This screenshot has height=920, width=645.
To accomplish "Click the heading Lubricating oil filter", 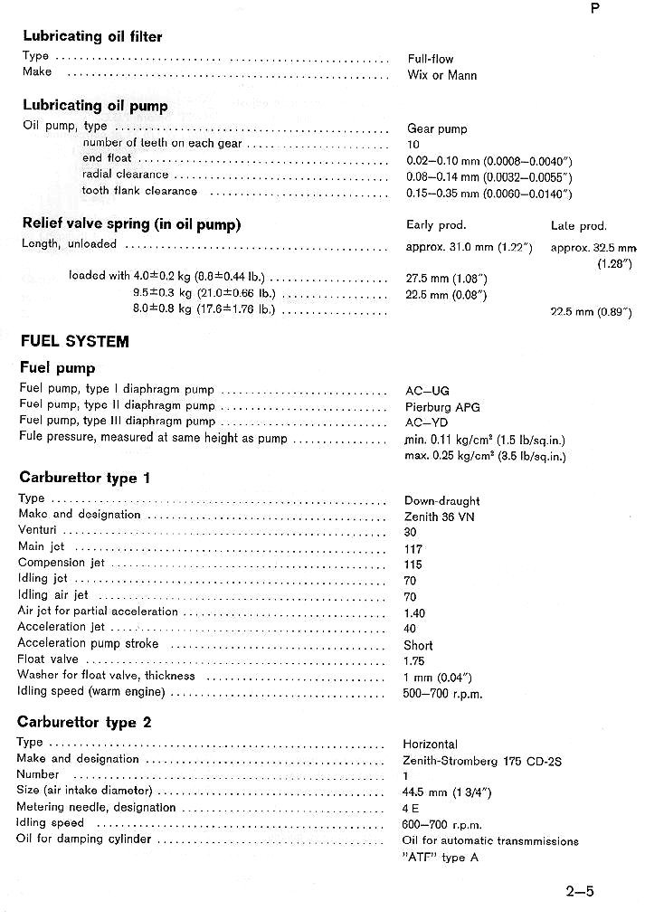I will point(92,37).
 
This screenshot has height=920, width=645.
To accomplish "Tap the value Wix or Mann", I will point(441,75).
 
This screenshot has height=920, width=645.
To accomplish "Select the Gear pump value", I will point(437,129).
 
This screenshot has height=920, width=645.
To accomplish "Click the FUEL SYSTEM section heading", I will point(74,342).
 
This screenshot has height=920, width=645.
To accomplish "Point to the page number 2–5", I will point(580,891).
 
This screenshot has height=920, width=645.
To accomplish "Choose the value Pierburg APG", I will point(442,407).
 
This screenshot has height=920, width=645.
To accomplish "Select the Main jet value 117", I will point(413,549).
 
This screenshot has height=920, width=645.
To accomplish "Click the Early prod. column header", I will point(436,224).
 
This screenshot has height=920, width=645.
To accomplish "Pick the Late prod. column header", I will point(578,226).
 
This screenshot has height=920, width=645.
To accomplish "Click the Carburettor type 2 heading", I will point(84,723).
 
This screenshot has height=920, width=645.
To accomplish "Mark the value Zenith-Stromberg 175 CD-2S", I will point(482,761).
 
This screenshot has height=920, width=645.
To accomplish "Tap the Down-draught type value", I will point(441,501).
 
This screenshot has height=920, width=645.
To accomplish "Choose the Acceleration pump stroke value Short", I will point(418,646).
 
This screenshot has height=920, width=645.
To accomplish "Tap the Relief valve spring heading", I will point(131,224).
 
